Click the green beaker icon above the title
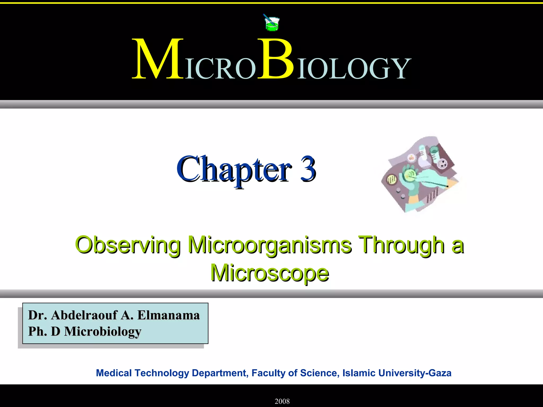pyautogui.click(x=271, y=23)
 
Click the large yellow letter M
pyautogui.click(x=158, y=60)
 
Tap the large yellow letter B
pyautogui.click(x=276, y=60)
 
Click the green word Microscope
pyautogui.click(x=270, y=273)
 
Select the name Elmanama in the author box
pyautogui.click(x=168, y=315)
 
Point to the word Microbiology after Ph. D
pyautogui.click(x=103, y=331)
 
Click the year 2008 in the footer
pyautogui.click(x=282, y=401)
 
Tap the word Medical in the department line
pyautogui.click(x=114, y=373)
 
